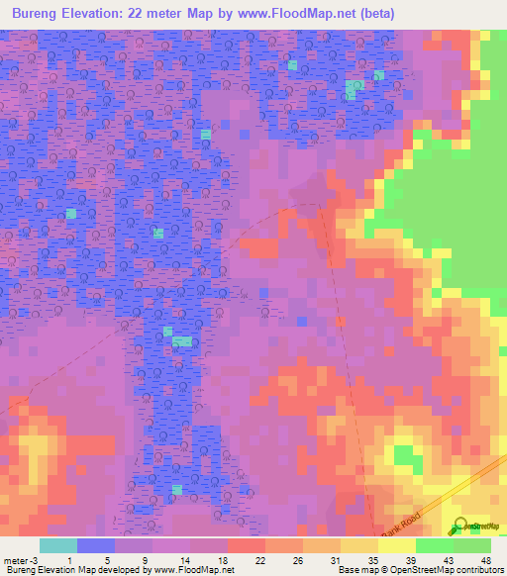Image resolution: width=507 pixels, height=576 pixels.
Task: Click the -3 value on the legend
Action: point(33,559)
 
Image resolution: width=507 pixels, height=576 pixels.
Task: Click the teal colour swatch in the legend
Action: point(58,545)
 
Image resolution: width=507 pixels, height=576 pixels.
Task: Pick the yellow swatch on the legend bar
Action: point(359,545)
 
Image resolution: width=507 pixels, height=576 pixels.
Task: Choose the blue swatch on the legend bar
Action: point(96,545)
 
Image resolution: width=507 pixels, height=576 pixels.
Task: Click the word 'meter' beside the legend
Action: point(15,559)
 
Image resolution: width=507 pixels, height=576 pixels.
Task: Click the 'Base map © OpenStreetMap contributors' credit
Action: point(419,570)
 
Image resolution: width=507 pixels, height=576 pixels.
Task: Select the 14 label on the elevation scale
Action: point(185,559)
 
